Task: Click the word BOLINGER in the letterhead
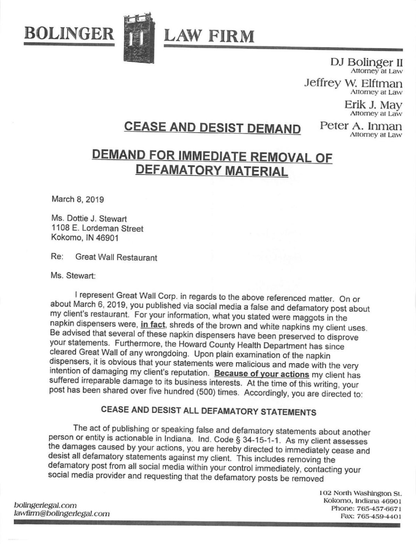point(69,34)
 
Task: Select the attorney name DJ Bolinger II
point(366,62)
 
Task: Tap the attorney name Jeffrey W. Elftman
point(353,83)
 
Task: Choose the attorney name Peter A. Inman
point(361,126)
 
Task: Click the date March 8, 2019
point(77,199)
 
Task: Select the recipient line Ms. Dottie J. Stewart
point(89,219)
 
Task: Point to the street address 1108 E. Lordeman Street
point(97,229)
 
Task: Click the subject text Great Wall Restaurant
point(116,258)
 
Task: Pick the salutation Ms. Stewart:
point(73,276)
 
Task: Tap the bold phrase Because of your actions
point(262,374)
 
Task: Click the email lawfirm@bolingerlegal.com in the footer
point(61,514)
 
